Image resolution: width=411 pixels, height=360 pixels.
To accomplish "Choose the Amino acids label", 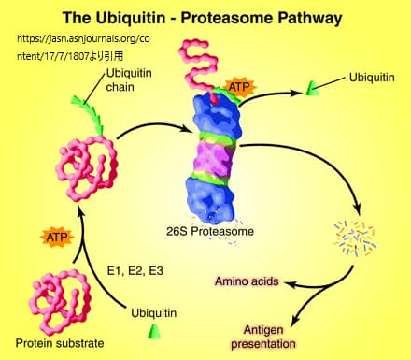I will click(245, 281).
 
